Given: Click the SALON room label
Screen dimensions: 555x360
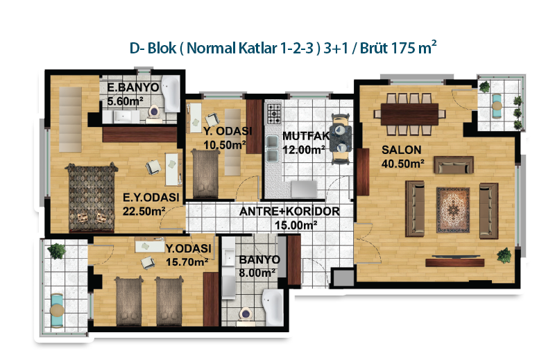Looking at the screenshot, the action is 402,150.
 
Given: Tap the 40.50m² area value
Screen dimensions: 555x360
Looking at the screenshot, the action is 403,164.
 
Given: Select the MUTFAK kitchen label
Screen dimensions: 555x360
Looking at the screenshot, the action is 305,136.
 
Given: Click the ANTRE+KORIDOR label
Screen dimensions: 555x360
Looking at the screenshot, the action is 289,212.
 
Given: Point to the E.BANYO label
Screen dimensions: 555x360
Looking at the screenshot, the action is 133,87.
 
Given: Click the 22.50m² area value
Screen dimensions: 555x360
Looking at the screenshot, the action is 144,211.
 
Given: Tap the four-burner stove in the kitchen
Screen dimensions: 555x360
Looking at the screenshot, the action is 273,113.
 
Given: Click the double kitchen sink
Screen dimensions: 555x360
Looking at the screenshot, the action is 272,148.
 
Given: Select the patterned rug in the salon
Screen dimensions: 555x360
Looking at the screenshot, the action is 453,210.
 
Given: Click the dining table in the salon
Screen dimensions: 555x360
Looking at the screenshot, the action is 409,114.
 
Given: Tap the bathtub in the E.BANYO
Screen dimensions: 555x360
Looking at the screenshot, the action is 171,94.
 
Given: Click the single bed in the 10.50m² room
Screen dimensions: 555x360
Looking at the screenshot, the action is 205,173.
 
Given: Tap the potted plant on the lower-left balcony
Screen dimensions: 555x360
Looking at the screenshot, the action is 57,251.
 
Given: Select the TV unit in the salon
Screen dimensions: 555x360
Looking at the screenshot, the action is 455,262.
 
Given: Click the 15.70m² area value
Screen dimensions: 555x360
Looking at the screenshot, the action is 187,262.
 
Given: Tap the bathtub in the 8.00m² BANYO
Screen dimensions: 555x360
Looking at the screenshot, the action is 273,307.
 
